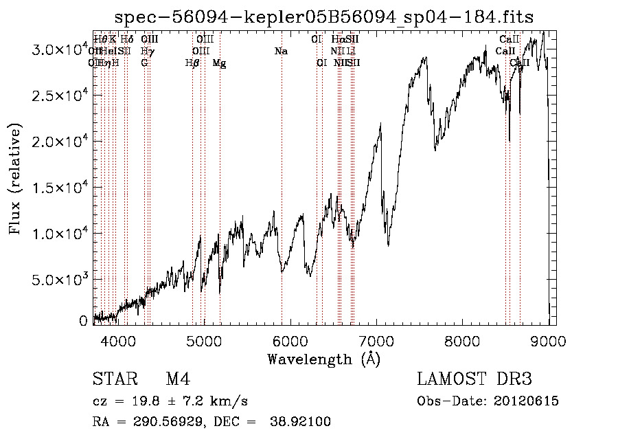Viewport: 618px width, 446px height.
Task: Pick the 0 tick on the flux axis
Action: [x=83, y=321]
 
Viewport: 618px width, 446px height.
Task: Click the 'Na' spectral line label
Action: [x=280, y=52]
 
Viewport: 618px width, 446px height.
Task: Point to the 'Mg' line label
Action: [x=219, y=63]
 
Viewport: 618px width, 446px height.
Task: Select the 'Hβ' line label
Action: [x=192, y=63]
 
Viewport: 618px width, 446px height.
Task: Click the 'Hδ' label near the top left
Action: [x=127, y=40]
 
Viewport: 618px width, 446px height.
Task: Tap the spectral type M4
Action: [x=178, y=379]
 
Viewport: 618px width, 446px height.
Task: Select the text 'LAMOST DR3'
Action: [x=474, y=379]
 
